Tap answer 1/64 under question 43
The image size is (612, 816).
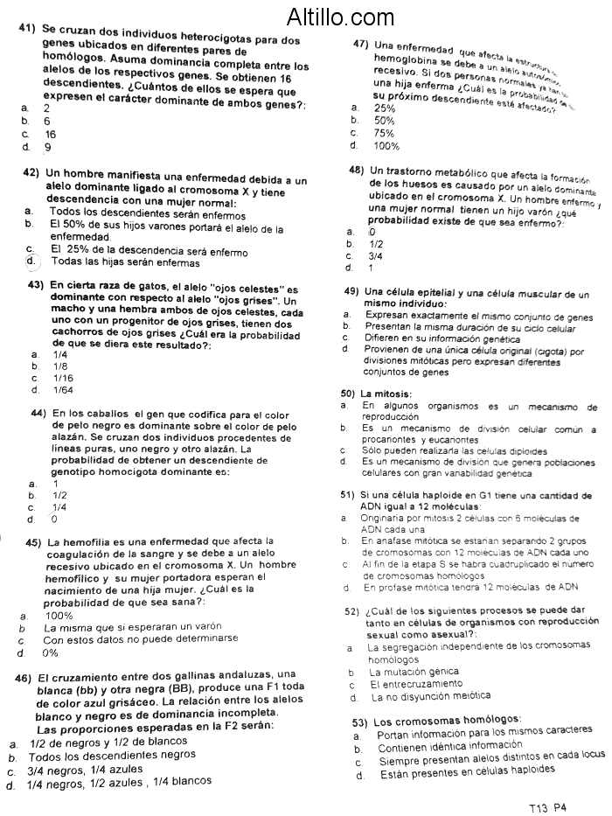click(64, 390)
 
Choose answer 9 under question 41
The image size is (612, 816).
click(47, 148)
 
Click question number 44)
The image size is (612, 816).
click(39, 413)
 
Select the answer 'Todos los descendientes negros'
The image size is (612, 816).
click(112, 755)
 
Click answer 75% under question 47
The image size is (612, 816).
click(385, 133)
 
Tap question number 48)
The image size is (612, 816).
click(357, 170)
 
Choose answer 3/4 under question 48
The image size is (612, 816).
click(377, 256)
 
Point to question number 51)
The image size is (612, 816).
click(348, 495)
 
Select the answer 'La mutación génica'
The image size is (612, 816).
click(414, 673)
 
